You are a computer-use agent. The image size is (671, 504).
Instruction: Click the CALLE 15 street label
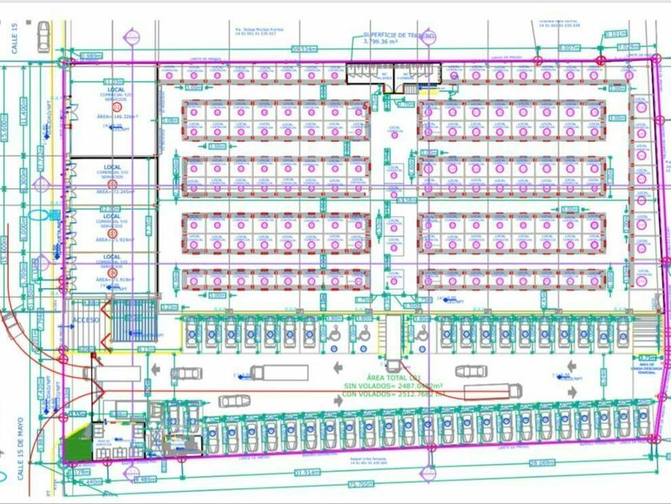point(14,38)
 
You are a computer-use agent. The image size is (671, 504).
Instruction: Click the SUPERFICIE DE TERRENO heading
point(399,35)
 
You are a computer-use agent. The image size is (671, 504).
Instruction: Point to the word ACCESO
point(86,319)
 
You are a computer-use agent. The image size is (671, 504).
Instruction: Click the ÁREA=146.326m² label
point(113,116)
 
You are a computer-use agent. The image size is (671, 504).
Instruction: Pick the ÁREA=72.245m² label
point(112,193)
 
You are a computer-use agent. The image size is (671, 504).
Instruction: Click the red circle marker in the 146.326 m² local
point(112,128)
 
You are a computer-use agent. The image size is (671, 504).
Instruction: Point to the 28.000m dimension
point(542,463)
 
